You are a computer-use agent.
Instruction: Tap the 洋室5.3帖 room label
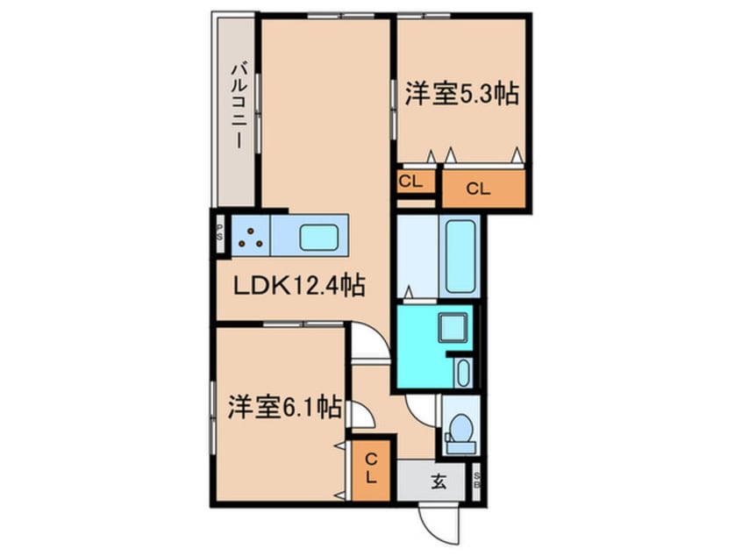(460, 94)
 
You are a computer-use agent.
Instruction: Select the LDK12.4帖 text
(298, 286)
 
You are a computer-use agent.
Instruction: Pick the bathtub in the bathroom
(461, 255)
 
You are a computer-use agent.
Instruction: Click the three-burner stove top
(252, 235)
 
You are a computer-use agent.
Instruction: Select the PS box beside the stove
(219, 235)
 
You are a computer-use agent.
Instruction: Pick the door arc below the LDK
(368, 343)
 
